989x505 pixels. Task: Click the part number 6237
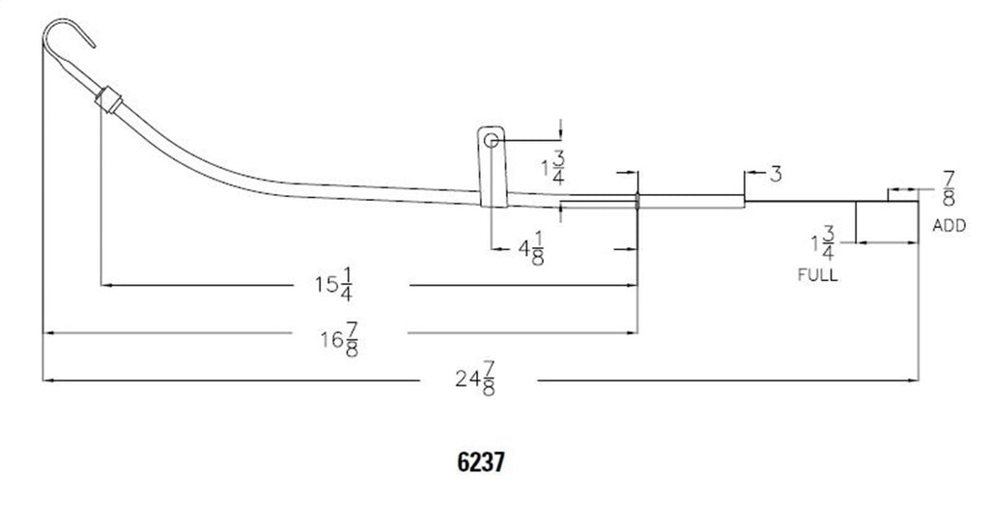pos(481,463)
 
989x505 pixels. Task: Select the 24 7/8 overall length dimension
pos(475,379)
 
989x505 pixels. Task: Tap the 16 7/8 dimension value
pos(341,340)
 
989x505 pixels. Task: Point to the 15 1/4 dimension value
pos(334,284)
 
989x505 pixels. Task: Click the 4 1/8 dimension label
pos(531,248)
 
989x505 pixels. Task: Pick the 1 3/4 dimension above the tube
pos(553,168)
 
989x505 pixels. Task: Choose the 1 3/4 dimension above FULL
pos(824,244)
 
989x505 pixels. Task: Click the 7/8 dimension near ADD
pos(948,188)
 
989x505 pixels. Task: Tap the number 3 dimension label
pos(776,174)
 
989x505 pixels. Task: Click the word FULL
pos(818,275)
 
